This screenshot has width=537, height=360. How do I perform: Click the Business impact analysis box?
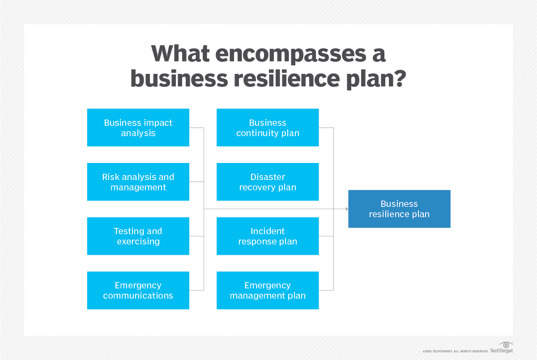[138, 128]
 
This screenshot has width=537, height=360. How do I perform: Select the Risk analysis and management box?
[138, 182]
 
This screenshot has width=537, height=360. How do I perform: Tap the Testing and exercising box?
[138, 236]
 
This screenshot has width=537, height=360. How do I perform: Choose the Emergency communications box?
[138, 290]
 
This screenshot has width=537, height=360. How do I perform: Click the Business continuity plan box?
[268, 128]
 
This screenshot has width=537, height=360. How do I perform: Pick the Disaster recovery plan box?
[268, 182]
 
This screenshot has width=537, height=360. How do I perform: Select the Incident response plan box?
[268, 236]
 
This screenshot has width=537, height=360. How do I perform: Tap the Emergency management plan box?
[268, 290]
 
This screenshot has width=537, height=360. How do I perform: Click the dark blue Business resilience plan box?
[399, 209]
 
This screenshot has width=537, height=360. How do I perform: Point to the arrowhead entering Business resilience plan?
[346, 209]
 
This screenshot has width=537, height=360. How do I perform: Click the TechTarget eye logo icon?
[506, 345]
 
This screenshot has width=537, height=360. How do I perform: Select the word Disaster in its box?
[268, 177]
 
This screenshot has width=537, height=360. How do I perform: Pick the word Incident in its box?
[268, 231]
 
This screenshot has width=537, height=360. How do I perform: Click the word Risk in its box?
[111, 177]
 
